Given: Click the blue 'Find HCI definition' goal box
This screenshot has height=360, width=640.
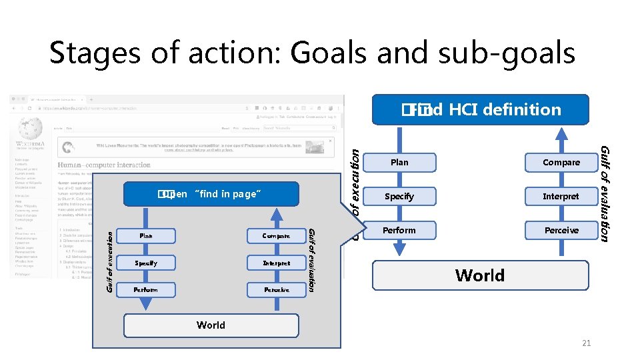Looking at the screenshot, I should [x=480, y=109].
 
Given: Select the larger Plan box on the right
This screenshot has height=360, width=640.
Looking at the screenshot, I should [x=399, y=162].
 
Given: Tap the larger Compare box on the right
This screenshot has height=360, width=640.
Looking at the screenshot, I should [x=561, y=162].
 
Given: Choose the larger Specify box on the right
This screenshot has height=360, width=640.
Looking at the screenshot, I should [x=399, y=196].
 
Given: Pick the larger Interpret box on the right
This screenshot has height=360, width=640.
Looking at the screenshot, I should [x=561, y=196].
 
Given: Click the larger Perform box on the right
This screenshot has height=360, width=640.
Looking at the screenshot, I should [x=399, y=230].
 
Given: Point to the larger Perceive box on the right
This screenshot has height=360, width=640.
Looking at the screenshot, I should [x=561, y=230].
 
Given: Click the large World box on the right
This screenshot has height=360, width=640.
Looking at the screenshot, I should [x=480, y=275].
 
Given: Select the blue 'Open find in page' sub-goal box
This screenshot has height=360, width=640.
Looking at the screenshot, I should [x=211, y=194].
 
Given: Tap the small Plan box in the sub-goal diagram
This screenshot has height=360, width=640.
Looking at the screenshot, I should [x=146, y=235].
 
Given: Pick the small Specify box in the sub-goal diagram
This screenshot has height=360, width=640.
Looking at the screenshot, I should [x=146, y=263].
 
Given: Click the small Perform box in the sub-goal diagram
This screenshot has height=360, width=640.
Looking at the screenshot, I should [x=146, y=289].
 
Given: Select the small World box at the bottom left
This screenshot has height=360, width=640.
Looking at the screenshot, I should [x=211, y=325].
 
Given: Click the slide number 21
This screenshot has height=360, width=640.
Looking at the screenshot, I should [x=587, y=343].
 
